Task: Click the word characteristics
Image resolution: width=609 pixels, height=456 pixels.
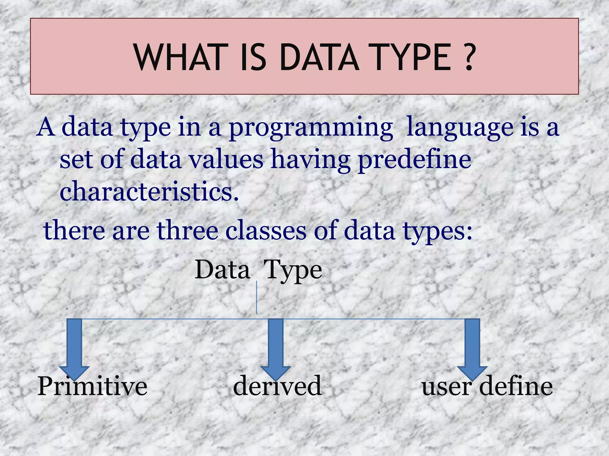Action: coord(149,191)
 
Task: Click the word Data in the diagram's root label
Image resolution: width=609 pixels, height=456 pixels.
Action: coord(222,270)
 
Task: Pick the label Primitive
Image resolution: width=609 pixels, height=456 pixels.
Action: coord(92,387)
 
